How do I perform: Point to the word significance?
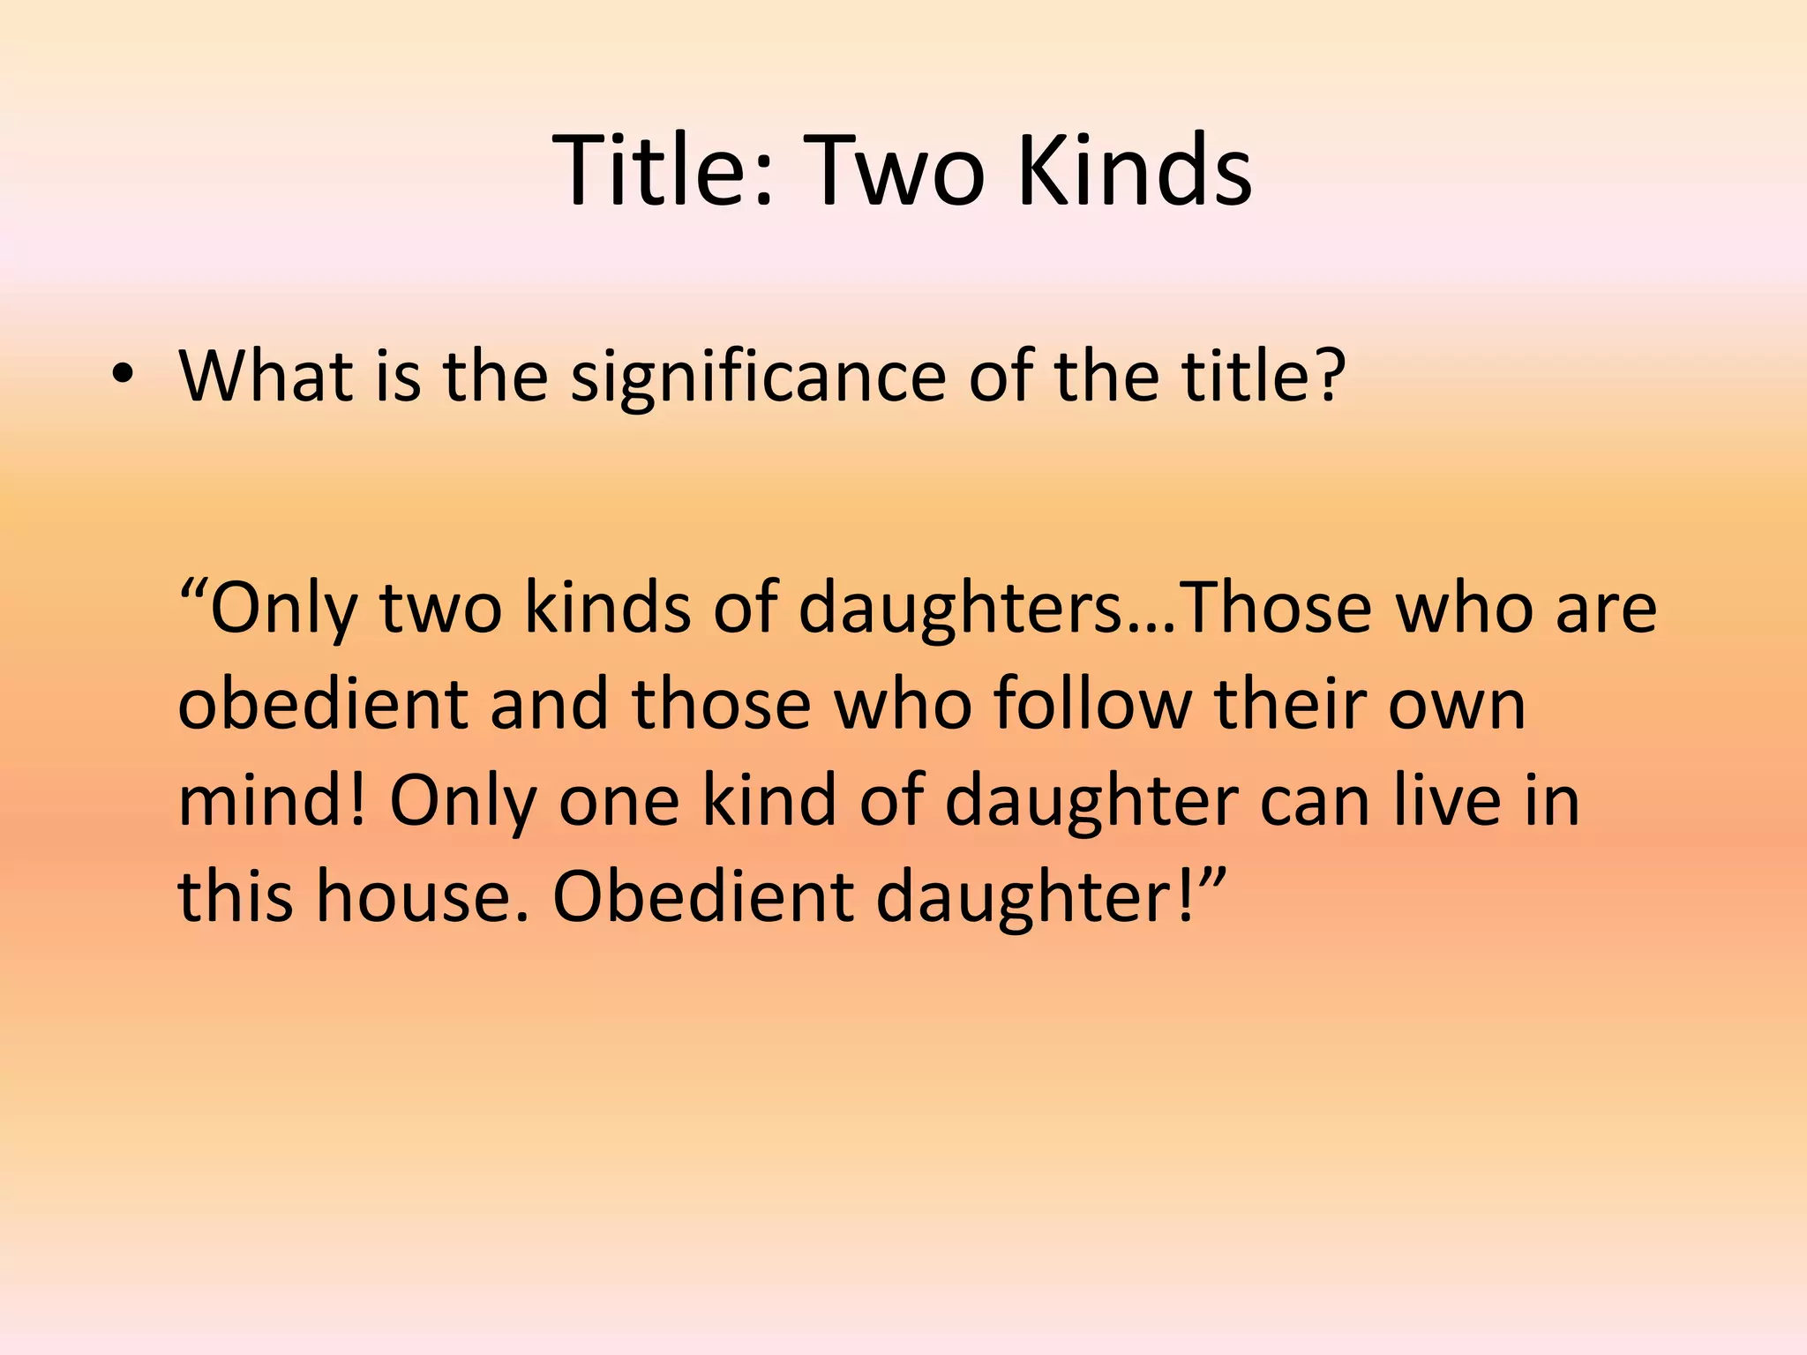point(757,378)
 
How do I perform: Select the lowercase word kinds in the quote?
point(608,609)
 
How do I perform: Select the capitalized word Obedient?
point(702,896)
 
